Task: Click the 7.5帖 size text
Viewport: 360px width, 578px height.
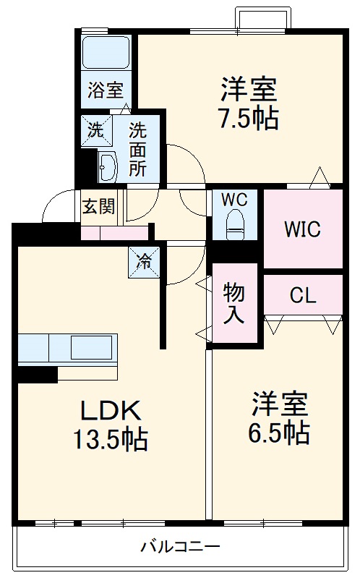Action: (249, 117)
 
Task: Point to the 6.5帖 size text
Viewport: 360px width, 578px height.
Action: (280, 433)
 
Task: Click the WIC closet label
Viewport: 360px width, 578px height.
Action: (302, 229)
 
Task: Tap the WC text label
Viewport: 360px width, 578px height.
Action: (234, 198)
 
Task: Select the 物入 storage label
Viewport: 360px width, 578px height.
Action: (233, 302)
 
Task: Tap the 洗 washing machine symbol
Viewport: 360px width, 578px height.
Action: (95, 131)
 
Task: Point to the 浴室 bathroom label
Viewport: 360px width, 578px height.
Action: (106, 90)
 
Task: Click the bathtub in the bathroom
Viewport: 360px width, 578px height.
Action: (106, 51)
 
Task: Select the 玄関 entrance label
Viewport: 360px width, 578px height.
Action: (98, 207)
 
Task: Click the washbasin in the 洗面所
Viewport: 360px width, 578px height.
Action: (107, 168)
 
